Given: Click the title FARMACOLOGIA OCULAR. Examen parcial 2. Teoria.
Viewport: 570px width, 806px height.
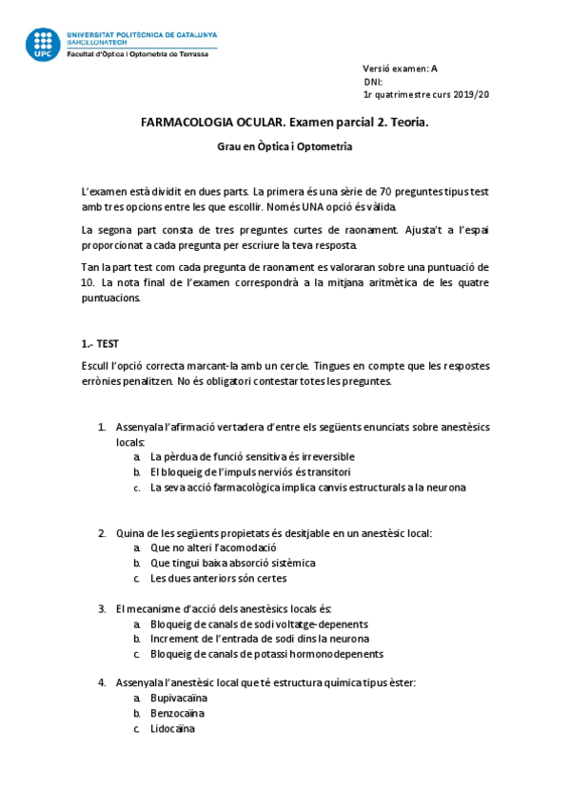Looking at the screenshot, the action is [285, 123].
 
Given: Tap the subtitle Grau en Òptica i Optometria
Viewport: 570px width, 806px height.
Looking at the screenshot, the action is [285, 147].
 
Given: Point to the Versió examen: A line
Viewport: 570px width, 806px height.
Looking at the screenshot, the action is [400, 68].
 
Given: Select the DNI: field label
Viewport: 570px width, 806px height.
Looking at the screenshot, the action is [372, 82].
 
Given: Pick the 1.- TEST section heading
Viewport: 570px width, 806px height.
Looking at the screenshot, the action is [101, 343].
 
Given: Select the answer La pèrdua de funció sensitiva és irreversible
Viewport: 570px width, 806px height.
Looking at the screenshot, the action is [252, 456].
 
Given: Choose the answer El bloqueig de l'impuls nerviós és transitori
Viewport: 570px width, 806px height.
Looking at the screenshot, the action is [251, 471].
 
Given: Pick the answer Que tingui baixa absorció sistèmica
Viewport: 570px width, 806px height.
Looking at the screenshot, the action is [232, 563].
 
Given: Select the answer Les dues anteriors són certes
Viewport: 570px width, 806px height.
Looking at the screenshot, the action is [218, 578].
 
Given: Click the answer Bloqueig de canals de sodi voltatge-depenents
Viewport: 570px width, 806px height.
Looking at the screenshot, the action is [259, 624].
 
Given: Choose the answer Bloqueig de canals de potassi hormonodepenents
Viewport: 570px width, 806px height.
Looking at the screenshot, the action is [266, 654].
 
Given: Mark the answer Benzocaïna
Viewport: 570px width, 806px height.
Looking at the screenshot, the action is [177, 714].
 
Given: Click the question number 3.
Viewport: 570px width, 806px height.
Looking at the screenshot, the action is [102, 608].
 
